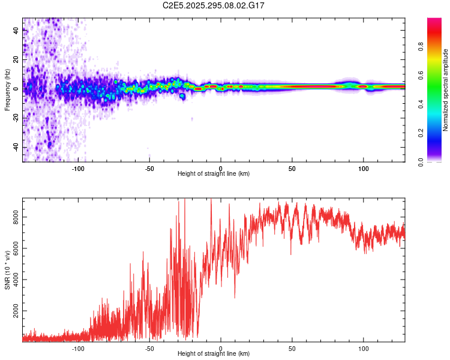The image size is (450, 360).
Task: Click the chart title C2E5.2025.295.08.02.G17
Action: coord(214,5)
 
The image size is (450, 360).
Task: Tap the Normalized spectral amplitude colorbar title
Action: coord(446,90)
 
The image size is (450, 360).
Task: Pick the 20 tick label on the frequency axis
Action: coord(16,60)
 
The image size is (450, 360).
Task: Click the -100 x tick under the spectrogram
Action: coord(78,168)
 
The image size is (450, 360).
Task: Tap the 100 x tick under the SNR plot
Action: coord(363,348)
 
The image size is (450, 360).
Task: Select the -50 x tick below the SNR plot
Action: coord(149,348)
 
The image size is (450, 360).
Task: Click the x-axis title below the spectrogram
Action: coord(214,174)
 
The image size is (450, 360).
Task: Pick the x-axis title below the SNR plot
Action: coord(214,354)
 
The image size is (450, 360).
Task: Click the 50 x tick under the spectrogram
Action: coord(292,168)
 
